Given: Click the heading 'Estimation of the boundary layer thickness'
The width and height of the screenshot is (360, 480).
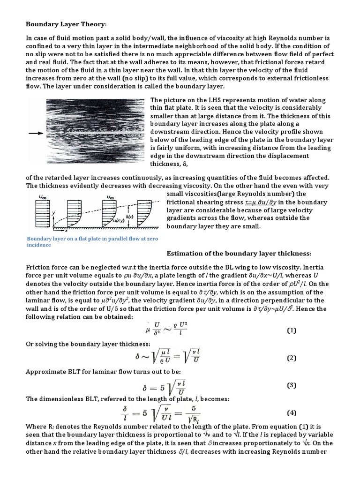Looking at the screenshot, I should click(x=239, y=254).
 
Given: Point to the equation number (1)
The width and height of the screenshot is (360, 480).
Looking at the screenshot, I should click(x=292, y=330).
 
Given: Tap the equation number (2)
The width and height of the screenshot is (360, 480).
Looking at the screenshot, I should click(x=292, y=358).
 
